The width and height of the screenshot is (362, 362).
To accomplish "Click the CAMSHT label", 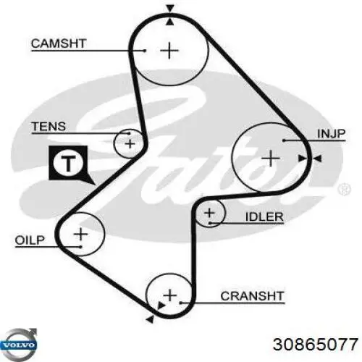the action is tap(59, 43).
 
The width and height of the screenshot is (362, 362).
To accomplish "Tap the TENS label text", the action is tap(49, 127).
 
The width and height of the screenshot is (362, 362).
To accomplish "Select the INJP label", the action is tap(332, 134).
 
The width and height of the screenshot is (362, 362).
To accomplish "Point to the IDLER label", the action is tap(264, 216).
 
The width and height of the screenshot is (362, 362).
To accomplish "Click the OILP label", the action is tap(30, 240).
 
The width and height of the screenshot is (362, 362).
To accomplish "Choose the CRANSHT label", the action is tap(252, 296).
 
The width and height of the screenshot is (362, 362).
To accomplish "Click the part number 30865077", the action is tap(316, 344).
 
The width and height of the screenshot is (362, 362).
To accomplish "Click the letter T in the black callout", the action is tap(68, 164).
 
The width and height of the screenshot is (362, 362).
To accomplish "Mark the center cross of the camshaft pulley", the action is tap(169, 51).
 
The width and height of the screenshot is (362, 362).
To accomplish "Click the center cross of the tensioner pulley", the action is tap(130, 144).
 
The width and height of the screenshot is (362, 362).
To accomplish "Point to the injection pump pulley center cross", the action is tap(271, 159).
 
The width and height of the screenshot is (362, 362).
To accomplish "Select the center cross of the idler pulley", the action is tap(209, 213).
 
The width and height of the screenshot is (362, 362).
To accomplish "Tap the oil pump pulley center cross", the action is tap(81, 234).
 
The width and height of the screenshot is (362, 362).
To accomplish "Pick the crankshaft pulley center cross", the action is tap(170, 295).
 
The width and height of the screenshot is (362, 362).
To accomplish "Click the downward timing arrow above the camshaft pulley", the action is tap(170, 9).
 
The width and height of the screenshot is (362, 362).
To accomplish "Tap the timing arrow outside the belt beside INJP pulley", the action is tap(318, 159).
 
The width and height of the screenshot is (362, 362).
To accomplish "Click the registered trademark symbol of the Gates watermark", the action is tap(345, 188).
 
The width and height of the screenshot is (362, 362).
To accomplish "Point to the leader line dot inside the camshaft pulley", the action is tap(145, 51).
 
